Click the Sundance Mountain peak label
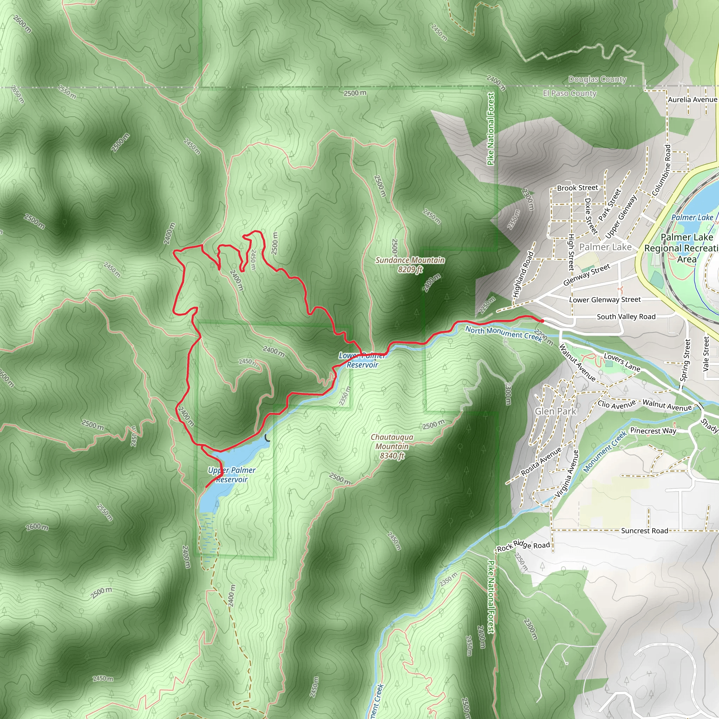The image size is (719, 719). (x=410, y=265)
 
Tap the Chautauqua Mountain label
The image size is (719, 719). (x=392, y=446)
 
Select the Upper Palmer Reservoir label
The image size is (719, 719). (x=232, y=475)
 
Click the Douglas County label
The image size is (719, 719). (x=597, y=79)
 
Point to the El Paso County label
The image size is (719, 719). (x=569, y=93)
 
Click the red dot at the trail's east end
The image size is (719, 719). (x=542, y=321)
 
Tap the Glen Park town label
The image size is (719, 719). (x=555, y=411)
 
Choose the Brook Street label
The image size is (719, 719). (x=577, y=188)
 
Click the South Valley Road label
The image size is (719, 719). (x=626, y=317)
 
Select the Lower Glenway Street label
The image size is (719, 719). (x=605, y=299)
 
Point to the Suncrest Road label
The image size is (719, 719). (x=645, y=531)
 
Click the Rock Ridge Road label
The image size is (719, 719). (x=523, y=546)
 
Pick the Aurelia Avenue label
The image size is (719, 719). (x=692, y=100)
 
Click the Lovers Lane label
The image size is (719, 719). (x=622, y=362)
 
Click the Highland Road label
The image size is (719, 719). (x=523, y=275)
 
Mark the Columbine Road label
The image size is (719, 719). (x=662, y=170)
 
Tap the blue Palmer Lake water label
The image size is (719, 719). (x=692, y=217)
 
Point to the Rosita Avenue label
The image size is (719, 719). (x=541, y=461)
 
